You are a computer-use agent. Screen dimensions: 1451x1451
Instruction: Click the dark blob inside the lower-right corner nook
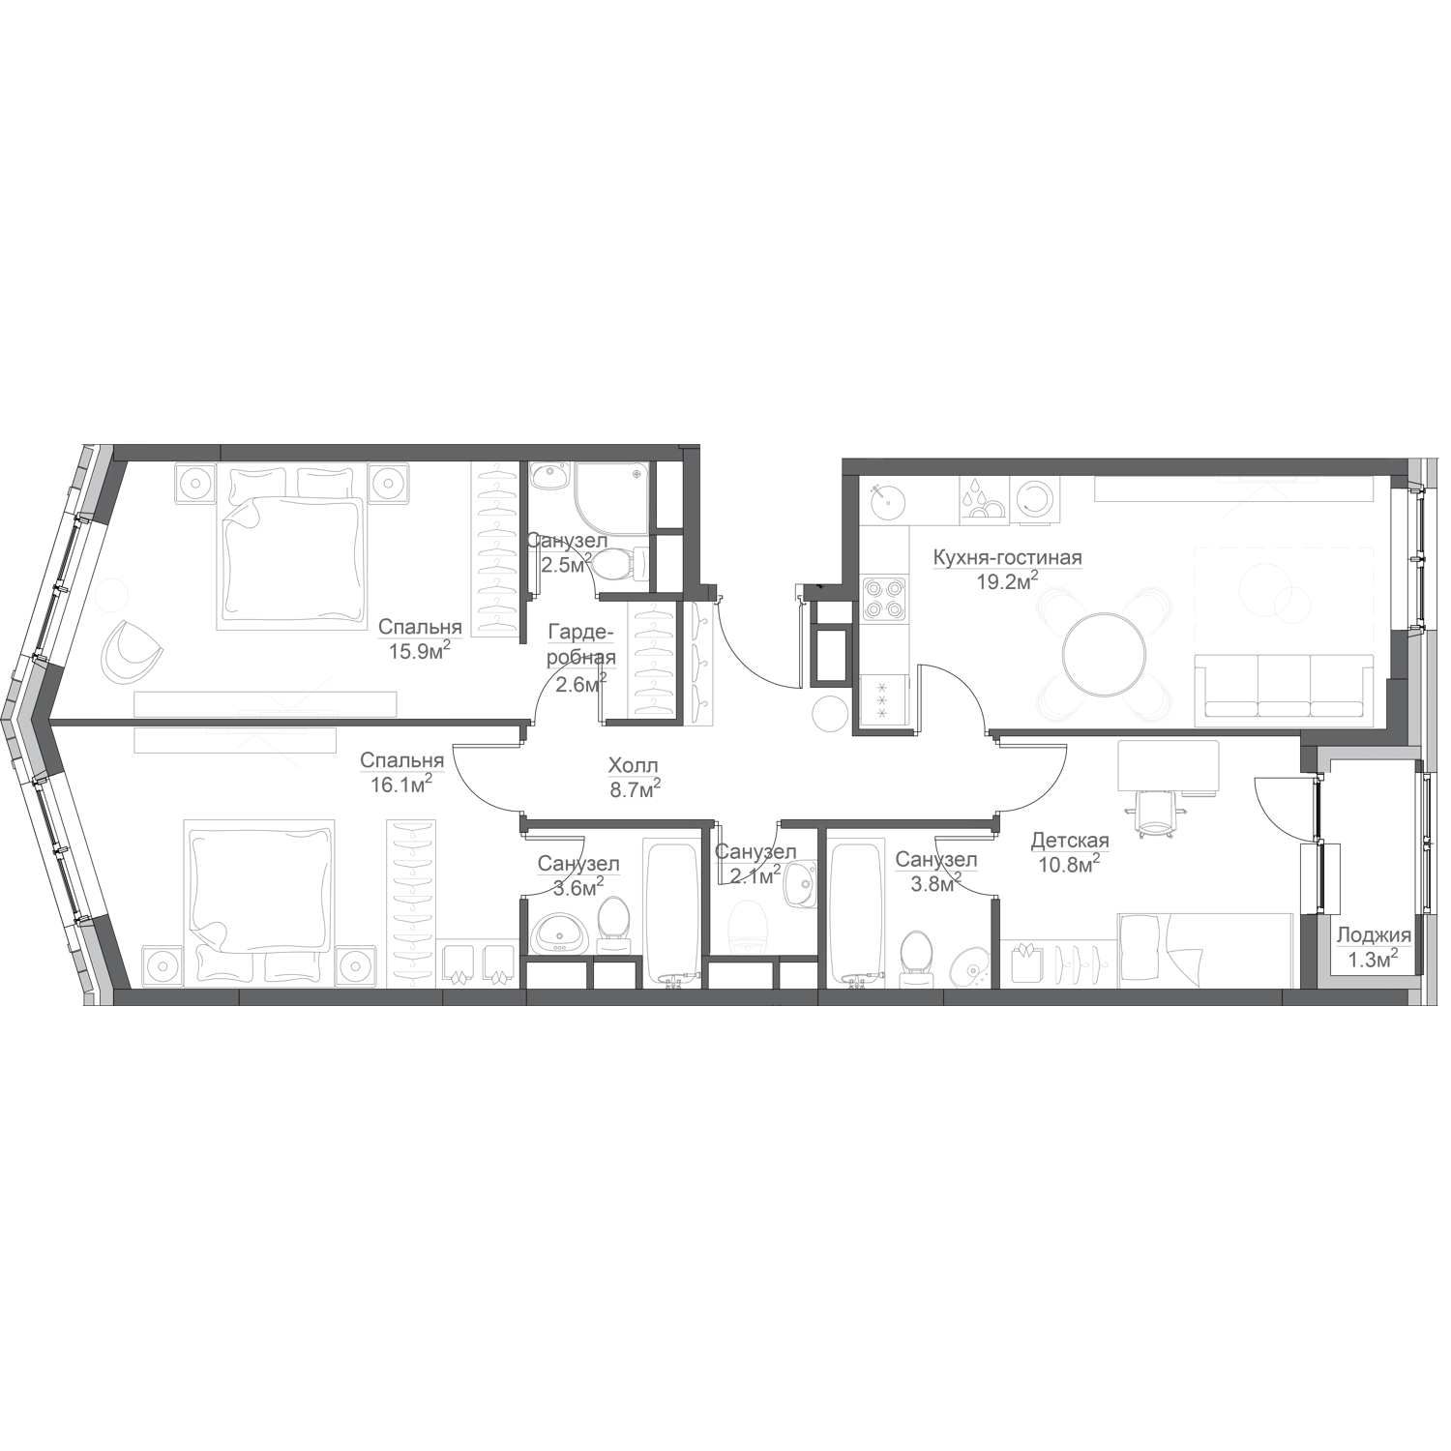tap(1373, 933)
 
